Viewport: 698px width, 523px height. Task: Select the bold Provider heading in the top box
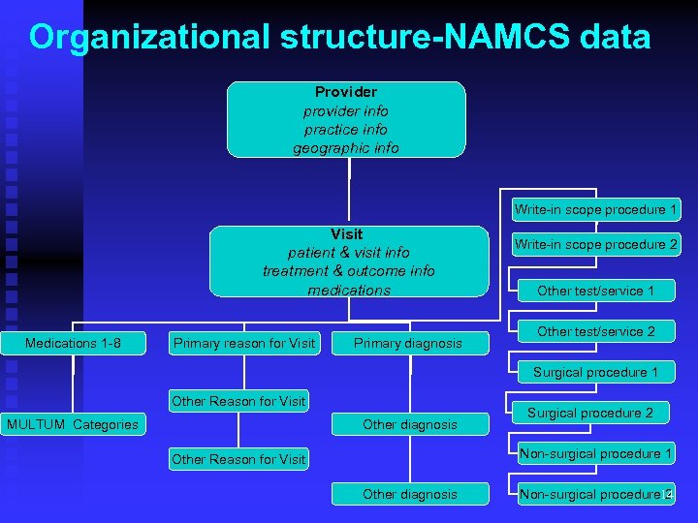coord(346,92)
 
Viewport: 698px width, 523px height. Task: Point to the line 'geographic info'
coord(346,148)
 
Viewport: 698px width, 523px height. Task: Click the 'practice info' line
coord(346,129)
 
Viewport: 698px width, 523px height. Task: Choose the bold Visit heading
coord(347,234)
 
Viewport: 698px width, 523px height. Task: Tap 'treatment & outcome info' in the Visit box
coord(348,271)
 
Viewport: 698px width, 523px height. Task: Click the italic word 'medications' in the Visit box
coord(349,291)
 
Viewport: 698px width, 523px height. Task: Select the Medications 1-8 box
coord(74,343)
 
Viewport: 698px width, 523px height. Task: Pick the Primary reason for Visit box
coord(243,343)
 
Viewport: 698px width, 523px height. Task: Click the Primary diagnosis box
coord(408,343)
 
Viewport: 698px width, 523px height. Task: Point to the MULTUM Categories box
coord(73,424)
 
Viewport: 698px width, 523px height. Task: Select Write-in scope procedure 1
coord(596,209)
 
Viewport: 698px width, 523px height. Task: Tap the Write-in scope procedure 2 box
coord(596,245)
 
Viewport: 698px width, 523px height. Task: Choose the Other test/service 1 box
coord(596,291)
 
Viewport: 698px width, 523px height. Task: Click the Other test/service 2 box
coord(596,331)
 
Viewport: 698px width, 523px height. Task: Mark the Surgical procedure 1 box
coord(596,372)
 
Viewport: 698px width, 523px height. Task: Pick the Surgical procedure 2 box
coord(590,413)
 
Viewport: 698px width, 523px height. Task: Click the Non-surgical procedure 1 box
coord(596,453)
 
